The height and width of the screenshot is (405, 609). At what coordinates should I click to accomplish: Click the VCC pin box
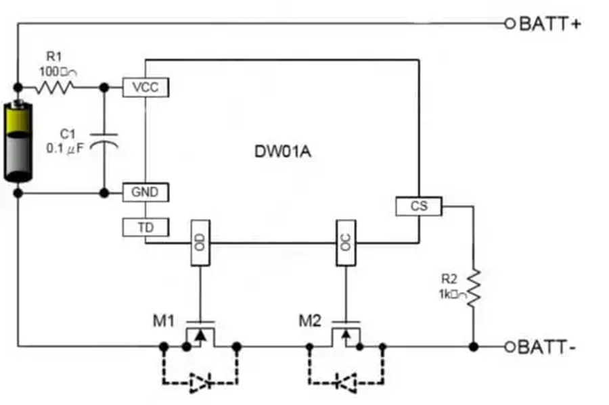coord(145,87)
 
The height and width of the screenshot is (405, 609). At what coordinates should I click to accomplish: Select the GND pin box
coord(145,193)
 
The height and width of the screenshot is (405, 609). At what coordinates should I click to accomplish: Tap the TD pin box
coord(145,228)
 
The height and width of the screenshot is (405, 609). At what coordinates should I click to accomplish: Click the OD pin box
coord(200,243)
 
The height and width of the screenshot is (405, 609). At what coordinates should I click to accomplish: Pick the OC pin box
coord(346,243)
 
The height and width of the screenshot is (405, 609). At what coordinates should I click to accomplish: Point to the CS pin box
coord(419,206)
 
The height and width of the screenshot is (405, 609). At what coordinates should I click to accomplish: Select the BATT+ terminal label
coord(550,24)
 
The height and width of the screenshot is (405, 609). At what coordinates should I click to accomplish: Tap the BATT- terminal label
coord(548,348)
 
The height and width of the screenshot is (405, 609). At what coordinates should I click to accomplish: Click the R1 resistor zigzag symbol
coord(55,87)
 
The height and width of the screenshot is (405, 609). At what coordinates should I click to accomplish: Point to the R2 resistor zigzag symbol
coord(473,287)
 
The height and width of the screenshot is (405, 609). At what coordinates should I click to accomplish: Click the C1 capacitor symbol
coord(104,139)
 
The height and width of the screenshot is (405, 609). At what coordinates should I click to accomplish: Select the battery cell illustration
coord(18,141)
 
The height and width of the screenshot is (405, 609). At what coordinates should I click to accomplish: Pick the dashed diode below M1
coord(200,382)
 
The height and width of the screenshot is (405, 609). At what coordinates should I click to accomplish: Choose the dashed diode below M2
coord(346,382)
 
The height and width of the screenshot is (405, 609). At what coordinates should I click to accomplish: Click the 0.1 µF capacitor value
coord(65,148)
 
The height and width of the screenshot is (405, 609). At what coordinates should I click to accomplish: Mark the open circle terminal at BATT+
coord(510,24)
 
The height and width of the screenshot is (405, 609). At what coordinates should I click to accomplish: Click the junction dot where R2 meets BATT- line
coord(473,347)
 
